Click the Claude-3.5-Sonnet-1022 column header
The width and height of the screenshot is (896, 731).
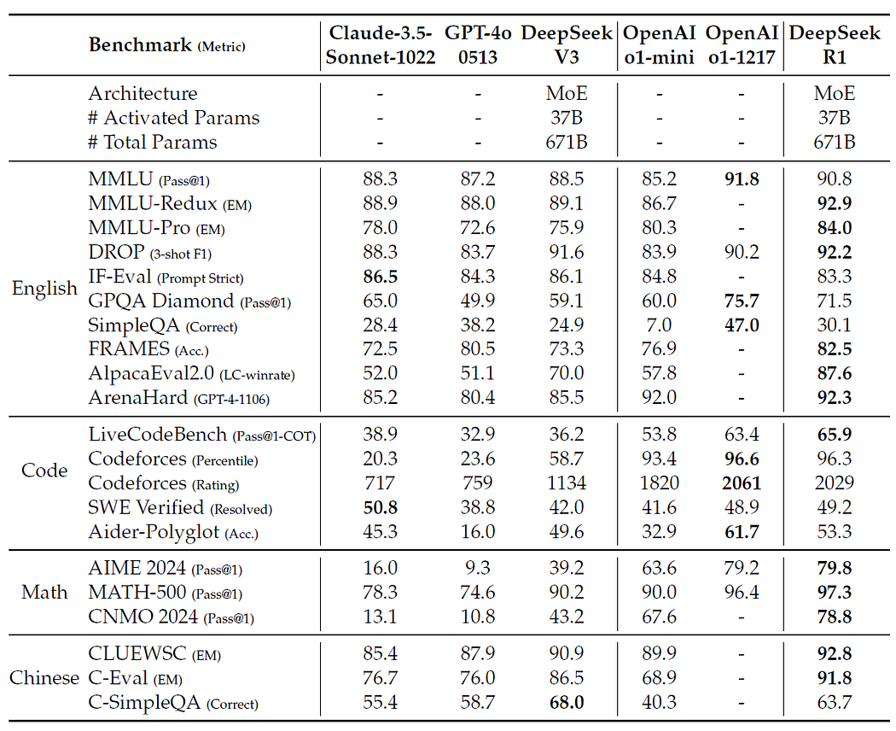[381, 44]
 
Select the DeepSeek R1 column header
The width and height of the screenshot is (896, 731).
[835, 44]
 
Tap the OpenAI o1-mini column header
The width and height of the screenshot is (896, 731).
[659, 44]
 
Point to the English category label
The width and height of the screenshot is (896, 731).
[44, 288]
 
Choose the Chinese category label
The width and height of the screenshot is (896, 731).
[44, 678]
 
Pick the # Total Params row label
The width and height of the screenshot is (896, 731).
[153, 142]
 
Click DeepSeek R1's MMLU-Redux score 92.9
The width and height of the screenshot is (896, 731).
[835, 203]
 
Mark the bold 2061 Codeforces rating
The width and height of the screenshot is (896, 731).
[742, 482]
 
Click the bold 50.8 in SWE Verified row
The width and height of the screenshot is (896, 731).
[381, 507]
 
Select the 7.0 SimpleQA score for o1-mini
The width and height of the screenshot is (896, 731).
[659, 325]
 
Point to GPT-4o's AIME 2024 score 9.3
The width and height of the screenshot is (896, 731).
[478, 568]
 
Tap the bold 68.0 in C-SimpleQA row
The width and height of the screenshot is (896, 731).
[567, 703]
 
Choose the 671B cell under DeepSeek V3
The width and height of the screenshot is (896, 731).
[567, 142]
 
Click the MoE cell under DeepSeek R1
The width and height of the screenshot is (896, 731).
[835, 93]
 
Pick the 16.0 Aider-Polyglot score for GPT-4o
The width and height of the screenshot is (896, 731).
[478, 531]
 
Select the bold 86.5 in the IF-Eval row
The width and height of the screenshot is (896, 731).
[381, 277]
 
